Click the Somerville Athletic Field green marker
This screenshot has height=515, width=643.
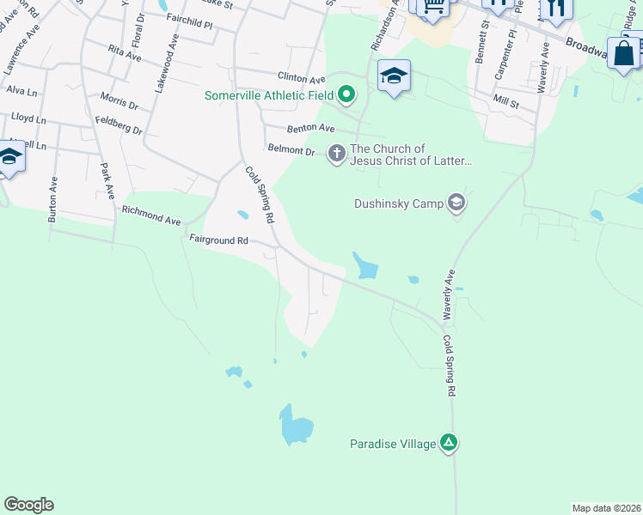click(346, 94)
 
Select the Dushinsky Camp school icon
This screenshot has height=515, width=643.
click(456, 203)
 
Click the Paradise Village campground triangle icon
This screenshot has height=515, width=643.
click(448, 443)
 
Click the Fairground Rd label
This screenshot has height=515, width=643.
click(218, 241)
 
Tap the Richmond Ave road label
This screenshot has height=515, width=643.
click(151, 214)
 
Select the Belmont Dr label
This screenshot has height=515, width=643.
click(291, 150)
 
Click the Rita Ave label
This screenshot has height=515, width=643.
click(126, 55)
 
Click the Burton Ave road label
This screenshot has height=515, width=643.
click(53, 200)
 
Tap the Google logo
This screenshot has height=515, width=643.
click(28, 505)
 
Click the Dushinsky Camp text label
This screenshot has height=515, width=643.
click(398, 203)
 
